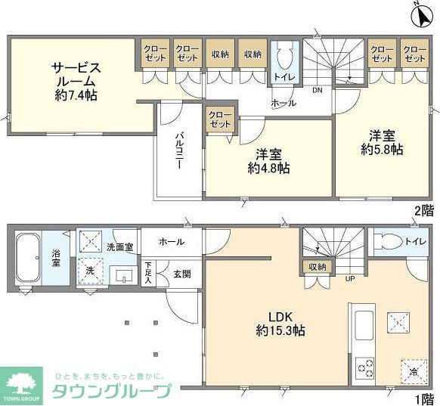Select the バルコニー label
coord(181,150)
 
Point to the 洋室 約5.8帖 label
coord(382,142)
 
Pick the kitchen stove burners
coord(366,368)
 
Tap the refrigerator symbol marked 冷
coord(413,370)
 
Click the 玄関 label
coord(181,274)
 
